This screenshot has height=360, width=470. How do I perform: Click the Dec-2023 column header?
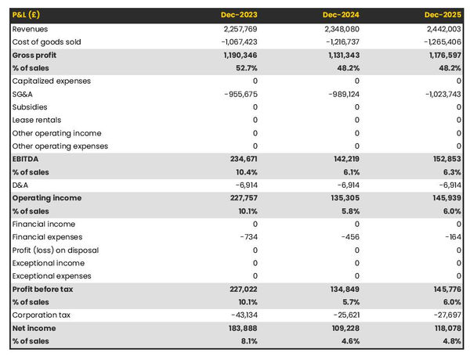[239, 15]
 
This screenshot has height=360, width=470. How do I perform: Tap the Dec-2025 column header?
[443, 15]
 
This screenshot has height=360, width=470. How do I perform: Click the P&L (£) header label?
[27, 15]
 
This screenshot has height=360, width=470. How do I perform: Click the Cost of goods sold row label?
[46, 41]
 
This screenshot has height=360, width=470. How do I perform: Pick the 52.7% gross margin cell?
[244, 68]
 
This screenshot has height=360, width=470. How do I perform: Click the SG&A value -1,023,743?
[439, 94]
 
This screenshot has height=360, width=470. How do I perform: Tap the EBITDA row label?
[27, 159]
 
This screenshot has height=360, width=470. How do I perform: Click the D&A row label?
[21, 185]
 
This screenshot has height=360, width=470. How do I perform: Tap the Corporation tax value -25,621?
[342, 315]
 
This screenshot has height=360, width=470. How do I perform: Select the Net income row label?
[34, 328]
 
